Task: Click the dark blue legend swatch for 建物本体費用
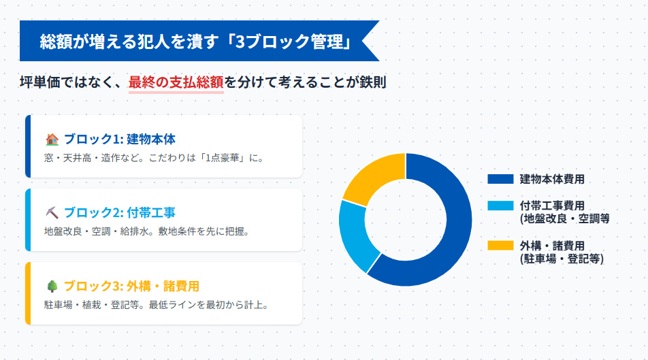[500, 179]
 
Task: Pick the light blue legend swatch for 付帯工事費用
[500, 206]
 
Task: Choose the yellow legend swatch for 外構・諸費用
[500, 246]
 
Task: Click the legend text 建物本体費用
[552, 179]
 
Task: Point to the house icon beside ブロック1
[52, 140]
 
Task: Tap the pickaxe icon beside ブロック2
[52, 213]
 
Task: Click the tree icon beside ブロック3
[52, 287]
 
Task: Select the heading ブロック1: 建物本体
[119, 140]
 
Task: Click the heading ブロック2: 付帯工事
[119, 213]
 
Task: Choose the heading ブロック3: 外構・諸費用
[131, 287]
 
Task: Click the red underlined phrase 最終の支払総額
[176, 83]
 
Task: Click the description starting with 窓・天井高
[153, 158]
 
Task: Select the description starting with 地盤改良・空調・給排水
[146, 231]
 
